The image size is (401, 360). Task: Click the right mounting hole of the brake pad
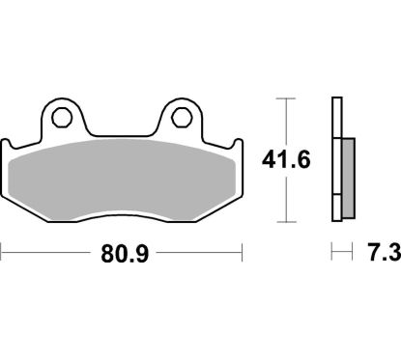click(180, 121)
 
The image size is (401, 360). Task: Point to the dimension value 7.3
click(380, 257)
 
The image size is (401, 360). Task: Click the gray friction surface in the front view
click(122, 178)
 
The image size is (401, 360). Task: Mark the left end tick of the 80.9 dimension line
click(3, 256)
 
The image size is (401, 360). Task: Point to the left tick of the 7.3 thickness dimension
click(332, 256)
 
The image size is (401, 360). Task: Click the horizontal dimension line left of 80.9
click(48, 256)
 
